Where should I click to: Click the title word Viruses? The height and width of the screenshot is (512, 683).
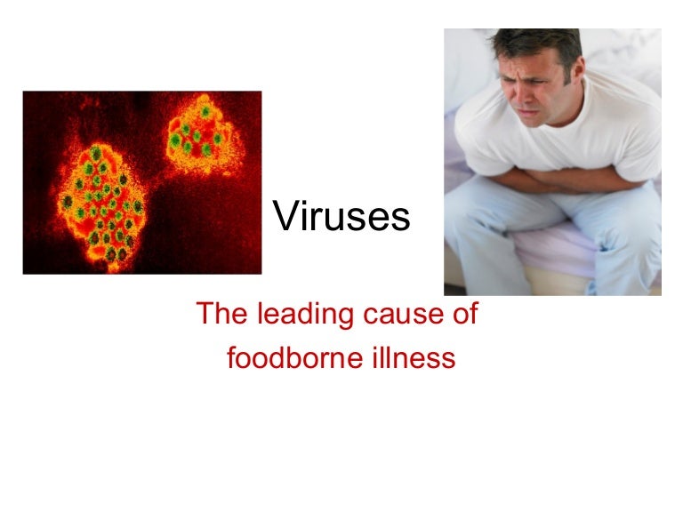[341, 218]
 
